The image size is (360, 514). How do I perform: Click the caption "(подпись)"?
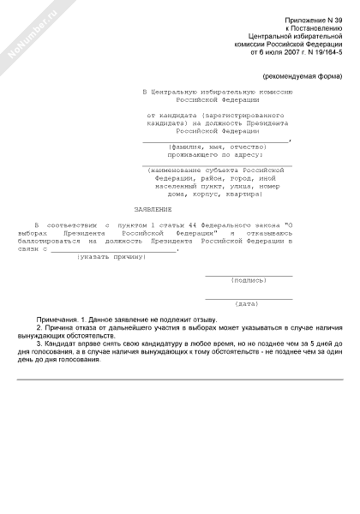(249, 279)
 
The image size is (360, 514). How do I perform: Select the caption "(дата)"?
(247, 303)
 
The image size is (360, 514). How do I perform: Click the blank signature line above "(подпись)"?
(249, 274)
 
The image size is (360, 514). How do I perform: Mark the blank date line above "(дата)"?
(249, 297)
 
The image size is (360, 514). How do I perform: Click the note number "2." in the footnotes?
(39, 328)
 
